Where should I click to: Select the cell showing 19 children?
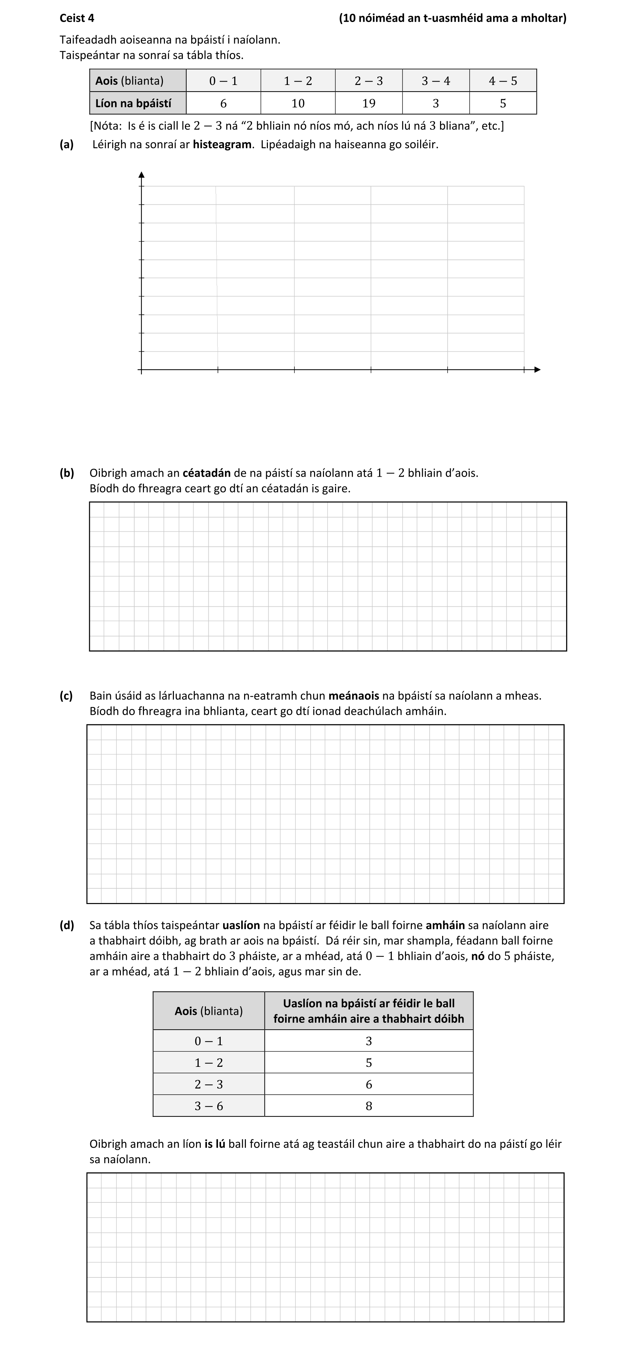click(x=369, y=103)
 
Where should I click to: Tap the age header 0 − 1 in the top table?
click(x=223, y=81)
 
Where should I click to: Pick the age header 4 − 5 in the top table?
click(x=503, y=81)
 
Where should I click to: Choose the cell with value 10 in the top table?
click(x=298, y=103)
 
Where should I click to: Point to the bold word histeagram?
click(x=222, y=145)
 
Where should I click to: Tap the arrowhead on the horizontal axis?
click(x=536, y=370)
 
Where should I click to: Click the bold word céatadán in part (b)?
click(x=206, y=473)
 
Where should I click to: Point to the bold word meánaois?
click(x=354, y=695)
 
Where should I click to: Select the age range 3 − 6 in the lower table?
click(x=208, y=1106)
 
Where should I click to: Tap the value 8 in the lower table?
click(x=369, y=1106)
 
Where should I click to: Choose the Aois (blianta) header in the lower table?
click(x=208, y=1011)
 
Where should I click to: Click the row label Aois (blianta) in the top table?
click(x=129, y=81)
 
